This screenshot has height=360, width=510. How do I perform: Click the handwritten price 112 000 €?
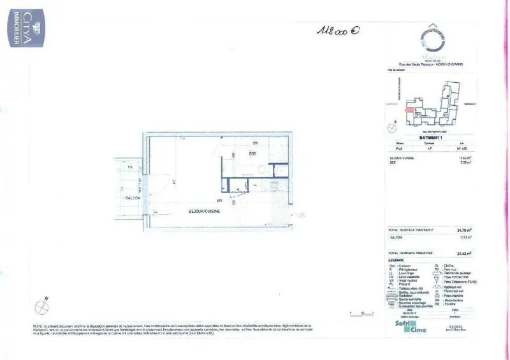point(337,30)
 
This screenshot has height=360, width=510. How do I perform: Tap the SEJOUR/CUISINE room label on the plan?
point(204,212)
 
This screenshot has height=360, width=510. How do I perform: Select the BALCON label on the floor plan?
point(133,198)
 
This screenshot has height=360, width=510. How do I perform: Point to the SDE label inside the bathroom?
point(252,154)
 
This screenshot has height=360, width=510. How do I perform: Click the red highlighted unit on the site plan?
point(409,109)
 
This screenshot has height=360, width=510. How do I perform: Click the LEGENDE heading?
point(396,260)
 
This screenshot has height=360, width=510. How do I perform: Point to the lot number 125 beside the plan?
point(300,216)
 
